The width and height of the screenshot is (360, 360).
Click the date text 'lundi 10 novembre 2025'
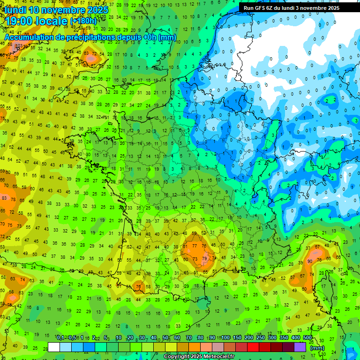point(56,10)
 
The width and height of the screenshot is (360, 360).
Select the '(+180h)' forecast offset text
point(83,21)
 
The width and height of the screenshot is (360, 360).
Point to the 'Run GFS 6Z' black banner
point(298,7)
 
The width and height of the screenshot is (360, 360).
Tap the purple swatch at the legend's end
point(300,347)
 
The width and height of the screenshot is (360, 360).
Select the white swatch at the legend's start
point(54,347)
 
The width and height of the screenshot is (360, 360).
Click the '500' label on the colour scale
point(307,338)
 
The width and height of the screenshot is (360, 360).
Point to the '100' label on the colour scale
point(225,338)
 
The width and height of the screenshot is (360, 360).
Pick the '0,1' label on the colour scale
point(60,338)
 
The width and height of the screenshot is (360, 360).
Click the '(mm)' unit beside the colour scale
point(317,348)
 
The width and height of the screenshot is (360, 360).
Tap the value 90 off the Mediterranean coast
point(310,261)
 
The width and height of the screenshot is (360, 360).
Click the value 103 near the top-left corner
point(18,45)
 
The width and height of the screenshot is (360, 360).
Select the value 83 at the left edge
point(4,198)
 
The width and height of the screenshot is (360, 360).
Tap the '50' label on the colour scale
point(165,338)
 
